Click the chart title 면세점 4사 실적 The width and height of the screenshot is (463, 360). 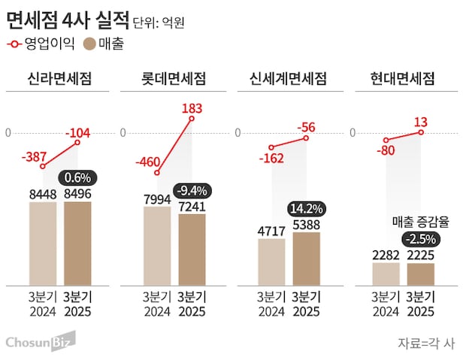click(x=66, y=17)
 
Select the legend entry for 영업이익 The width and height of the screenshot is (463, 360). click(x=41, y=44)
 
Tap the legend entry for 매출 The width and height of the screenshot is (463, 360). click(x=104, y=44)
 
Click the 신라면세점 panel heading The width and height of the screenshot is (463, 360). click(x=59, y=79)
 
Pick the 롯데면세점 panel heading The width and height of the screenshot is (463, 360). click(x=174, y=79)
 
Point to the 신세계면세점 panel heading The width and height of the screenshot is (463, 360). click(x=288, y=79)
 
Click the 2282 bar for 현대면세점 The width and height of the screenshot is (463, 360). click(x=386, y=274)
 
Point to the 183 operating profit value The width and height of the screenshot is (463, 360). click(x=192, y=109)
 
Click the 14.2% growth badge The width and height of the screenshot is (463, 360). click(x=306, y=208)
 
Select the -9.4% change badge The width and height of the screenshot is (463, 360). click(x=192, y=189)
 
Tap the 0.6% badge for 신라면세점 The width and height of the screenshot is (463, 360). click(x=78, y=178)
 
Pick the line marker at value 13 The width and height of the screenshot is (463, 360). click(x=421, y=132)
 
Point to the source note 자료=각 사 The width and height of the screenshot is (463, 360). click(x=426, y=343)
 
